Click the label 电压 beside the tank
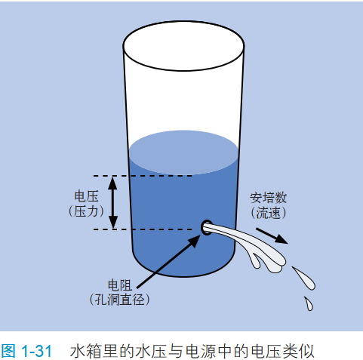86,196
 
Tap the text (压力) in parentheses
86,211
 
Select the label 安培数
268,198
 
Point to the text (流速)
268,213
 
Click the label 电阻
119,285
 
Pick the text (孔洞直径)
119,300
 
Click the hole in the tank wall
207,228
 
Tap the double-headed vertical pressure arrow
112,202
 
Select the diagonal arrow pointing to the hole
168,262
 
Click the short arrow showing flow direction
272,235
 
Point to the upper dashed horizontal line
143,176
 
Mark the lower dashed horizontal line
143,229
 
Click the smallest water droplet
309,303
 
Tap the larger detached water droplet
305,279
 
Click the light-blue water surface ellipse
183,152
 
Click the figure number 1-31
37,351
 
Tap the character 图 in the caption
8,351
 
